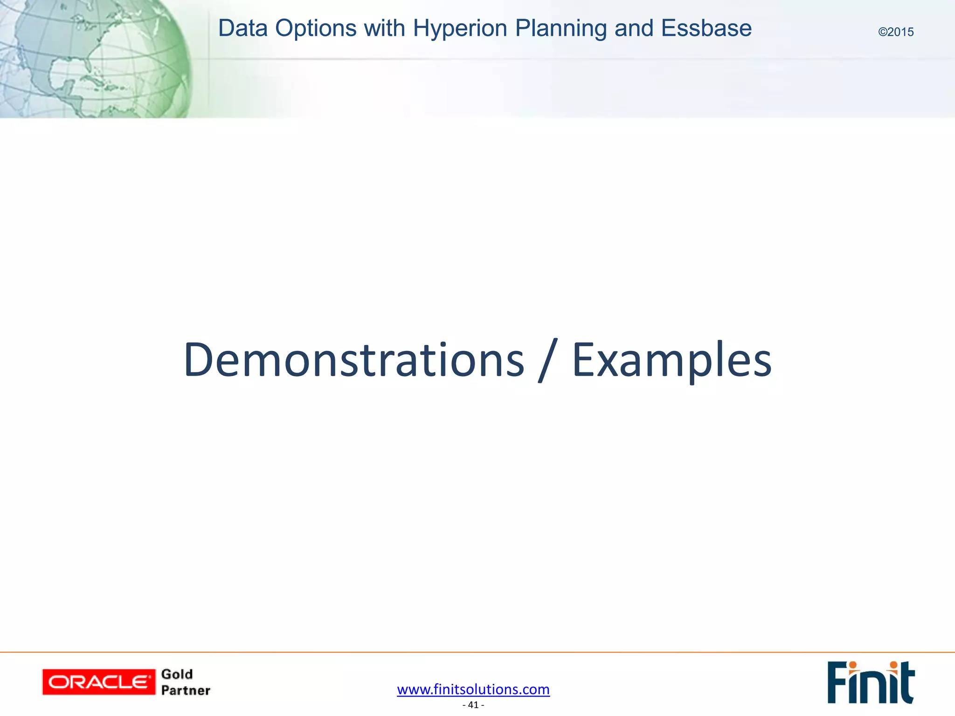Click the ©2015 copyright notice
point(896,32)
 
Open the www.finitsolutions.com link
point(473,689)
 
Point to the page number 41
point(473,705)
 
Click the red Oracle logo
point(98,682)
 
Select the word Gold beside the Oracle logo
point(177,674)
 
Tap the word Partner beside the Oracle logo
point(186,690)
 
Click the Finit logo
point(871,682)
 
